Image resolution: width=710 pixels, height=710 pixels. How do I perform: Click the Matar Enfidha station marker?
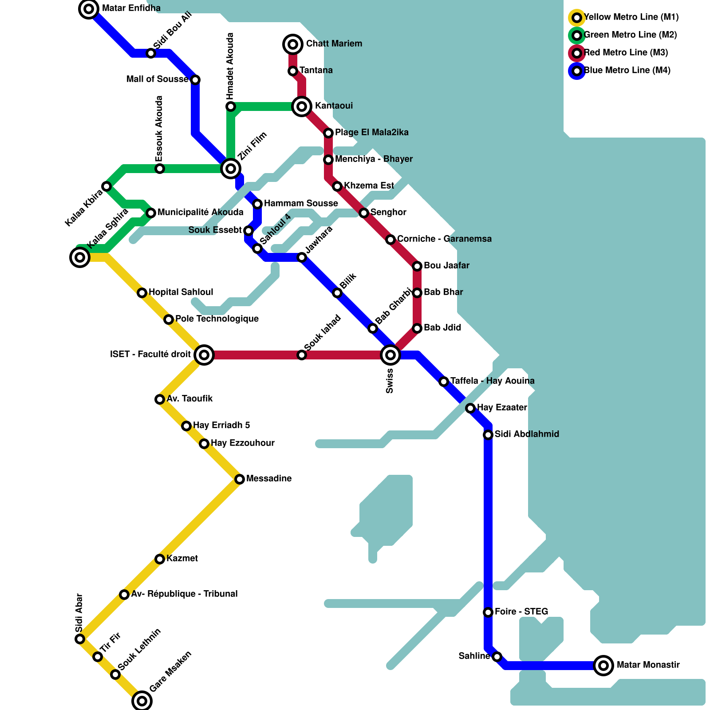coord(89,9)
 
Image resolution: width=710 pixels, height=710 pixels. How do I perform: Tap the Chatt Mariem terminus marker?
coord(293,44)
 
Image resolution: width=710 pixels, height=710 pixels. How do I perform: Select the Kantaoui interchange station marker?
coord(302,106)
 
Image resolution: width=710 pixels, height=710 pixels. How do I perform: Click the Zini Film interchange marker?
coord(231,169)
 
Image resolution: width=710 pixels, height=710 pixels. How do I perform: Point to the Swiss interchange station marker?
coord(390,355)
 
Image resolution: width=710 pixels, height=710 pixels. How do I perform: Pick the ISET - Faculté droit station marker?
coord(204,355)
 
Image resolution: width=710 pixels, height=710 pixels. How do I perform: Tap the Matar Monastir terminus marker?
coord(603,665)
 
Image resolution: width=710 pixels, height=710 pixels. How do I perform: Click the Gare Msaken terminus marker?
coord(142,701)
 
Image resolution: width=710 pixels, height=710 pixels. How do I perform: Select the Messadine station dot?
coord(240,479)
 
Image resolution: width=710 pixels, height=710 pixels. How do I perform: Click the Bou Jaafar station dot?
coord(417,266)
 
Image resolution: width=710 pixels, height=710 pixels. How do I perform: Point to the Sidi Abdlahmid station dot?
coord(488,435)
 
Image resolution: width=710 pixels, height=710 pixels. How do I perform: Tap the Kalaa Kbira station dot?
coord(106,186)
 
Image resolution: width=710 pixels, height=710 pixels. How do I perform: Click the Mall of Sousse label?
coord(158,79)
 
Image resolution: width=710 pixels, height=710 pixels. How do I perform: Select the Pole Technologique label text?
coord(217,319)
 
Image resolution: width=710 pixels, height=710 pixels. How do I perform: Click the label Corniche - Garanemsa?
coord(444,239)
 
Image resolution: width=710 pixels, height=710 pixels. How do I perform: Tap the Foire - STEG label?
coord(521,612)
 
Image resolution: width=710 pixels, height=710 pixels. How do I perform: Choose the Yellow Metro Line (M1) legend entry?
coord(631,17)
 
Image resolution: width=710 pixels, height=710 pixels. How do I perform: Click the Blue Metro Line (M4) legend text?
coord(627,71)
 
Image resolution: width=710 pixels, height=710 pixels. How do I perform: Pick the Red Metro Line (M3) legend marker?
coord(577,53)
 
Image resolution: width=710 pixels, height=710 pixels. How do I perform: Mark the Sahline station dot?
coord(497,657)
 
